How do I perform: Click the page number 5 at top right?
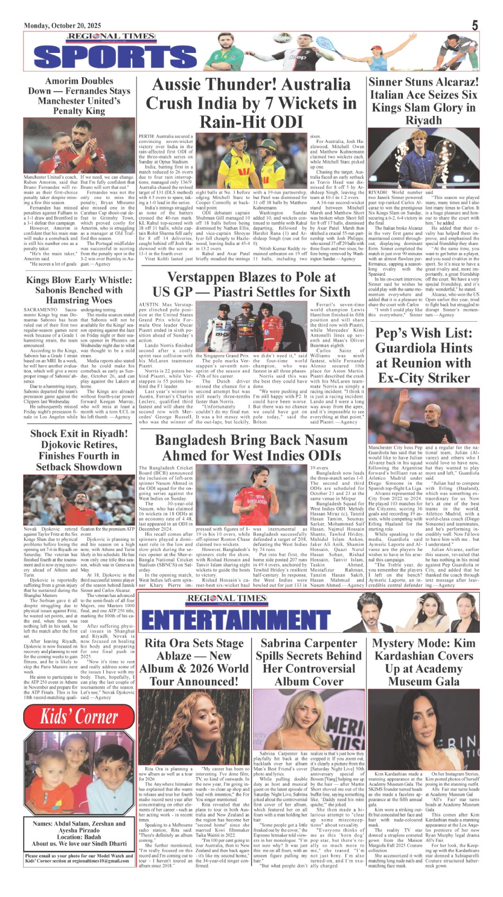click(x=475, y=25)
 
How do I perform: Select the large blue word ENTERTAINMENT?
click(x=236, y=619)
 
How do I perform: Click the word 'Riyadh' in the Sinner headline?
click(x=424, y=120)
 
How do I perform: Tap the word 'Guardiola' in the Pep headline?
click(x=424, y=348)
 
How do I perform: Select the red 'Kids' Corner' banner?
click(x=79, y=717)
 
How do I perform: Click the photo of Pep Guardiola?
click(x=424, y=414)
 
